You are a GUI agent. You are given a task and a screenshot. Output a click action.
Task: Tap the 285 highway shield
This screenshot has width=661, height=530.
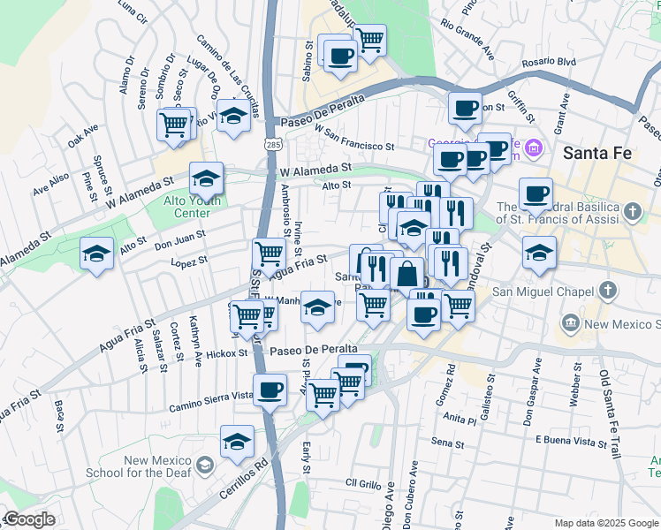[267, 141]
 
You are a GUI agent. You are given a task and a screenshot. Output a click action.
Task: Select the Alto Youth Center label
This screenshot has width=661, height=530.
[179, 207]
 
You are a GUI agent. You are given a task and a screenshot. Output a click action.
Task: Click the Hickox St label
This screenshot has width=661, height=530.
[228, 352]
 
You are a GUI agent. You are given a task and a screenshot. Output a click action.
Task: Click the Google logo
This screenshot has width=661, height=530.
[28, 519]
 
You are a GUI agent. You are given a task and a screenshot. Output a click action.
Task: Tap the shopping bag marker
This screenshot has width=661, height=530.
[406, 273]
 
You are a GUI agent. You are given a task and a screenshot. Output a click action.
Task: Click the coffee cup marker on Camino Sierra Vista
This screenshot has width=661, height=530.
[270, 390]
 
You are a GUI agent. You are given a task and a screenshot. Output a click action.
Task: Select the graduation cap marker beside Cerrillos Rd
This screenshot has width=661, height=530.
[237, 442]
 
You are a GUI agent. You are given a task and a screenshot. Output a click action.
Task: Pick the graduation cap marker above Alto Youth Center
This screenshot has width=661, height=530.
[206, 179]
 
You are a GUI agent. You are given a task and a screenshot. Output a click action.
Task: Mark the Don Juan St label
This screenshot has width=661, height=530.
[180, 239]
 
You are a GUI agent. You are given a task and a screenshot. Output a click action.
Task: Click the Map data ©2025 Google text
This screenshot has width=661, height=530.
[605, 523]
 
